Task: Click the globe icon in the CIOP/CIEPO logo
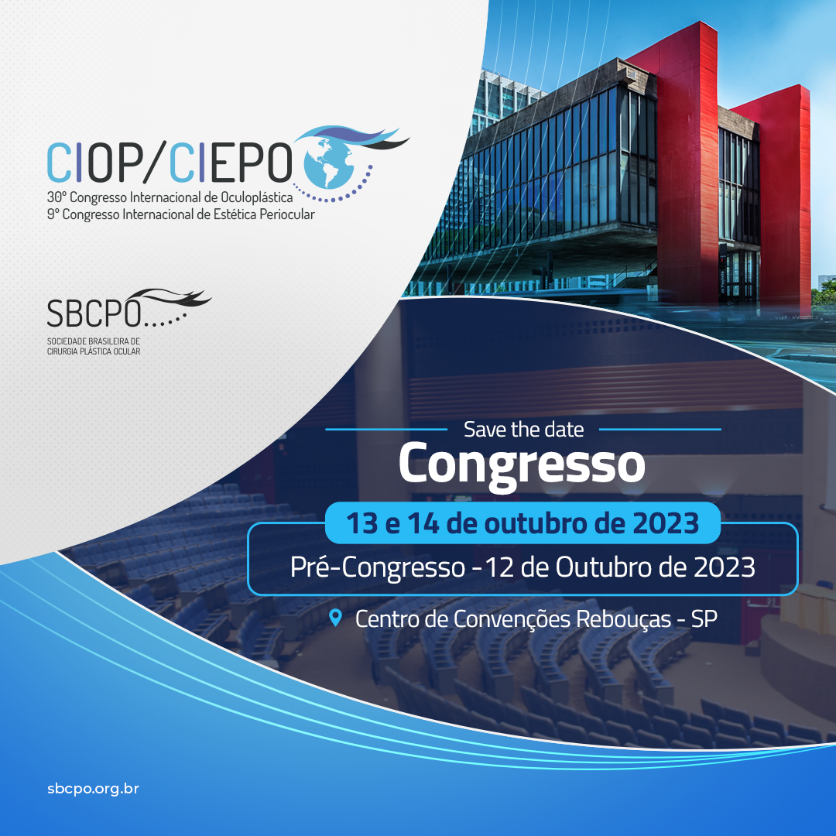328,163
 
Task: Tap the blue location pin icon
335,618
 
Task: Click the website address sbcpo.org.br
94,789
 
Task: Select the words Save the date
523,429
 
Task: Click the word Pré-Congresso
378,567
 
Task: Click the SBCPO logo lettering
94,313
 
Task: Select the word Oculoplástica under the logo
257,197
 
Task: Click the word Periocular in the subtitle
287,214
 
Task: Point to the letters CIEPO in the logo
231,163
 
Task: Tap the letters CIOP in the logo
95,163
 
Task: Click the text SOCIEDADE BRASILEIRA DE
94,341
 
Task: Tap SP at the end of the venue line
704,618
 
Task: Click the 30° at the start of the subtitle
56,197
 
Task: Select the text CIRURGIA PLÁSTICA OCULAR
94,351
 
